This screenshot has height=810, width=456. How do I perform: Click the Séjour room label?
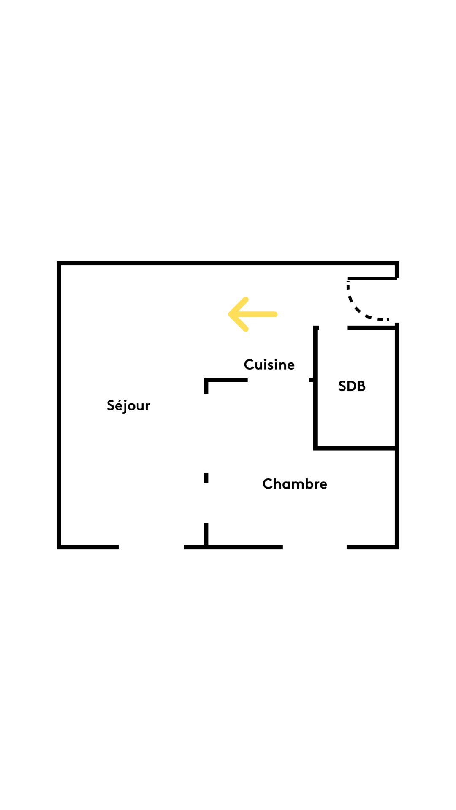tap(128, 405)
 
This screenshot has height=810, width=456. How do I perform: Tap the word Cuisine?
tap(269, 364)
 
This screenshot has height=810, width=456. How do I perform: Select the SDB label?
tap(352, 386)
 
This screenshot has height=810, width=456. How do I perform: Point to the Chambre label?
tap(295, 483)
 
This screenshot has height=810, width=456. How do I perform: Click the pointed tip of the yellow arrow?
tap(230, 314)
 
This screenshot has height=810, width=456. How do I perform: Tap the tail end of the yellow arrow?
tap(275, 314)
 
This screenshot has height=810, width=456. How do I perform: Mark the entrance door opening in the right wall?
tap(397, 301)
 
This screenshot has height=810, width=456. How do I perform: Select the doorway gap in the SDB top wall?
tap(333, 328)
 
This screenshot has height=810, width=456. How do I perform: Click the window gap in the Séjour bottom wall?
tap(151, 547)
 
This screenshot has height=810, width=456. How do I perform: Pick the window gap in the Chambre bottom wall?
tap(315, 547)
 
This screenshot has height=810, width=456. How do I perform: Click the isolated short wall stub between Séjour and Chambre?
tap(206, 478)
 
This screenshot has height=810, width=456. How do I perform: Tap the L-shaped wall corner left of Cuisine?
tap(206, 380)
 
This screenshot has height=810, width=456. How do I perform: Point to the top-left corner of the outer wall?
tap(59, 263)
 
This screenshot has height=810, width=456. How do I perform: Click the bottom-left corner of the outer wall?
tap(59, 547)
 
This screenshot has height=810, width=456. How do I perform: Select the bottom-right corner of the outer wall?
tap(397, 547)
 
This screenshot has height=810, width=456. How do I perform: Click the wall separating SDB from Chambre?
tap(355, 448)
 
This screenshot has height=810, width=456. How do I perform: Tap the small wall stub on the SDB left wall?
tap(312, 380)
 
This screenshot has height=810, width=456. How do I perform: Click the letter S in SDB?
tap(342, 386)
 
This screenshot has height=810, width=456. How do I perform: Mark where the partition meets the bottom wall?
tap(206, 547)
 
